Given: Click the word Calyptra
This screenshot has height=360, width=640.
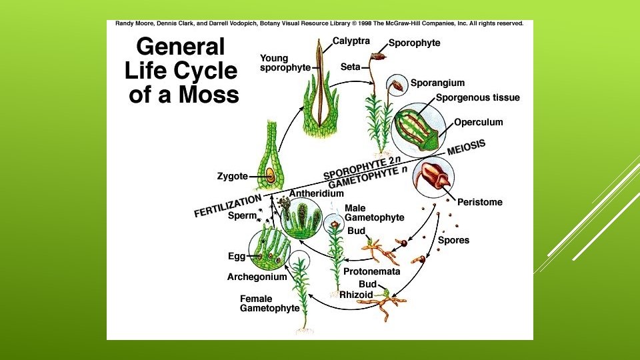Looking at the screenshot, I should [x=351, y=41].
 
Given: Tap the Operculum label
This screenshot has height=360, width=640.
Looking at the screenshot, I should [x=478, y=122].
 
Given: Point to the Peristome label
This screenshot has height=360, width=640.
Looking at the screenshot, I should [x=480, y=202].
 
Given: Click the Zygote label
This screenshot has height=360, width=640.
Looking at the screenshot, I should [x=232, y=177].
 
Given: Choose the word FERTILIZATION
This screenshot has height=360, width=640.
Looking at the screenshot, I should [x=227, y=205].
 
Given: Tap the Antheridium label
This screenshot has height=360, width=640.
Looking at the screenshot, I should [x=316, y=193].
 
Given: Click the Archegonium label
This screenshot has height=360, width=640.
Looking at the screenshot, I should [x=257, y=277].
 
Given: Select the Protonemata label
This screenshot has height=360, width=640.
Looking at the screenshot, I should [x=371, y=272].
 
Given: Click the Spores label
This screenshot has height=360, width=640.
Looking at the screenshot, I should [x=453, y=240].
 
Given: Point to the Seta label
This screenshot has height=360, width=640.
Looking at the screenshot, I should [x=351, y=67].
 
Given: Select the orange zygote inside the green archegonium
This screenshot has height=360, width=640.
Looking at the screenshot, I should [x=270, y=176].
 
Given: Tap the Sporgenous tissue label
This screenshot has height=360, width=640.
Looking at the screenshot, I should [x=478, y=98].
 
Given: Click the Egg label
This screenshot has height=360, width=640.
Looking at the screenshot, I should [x=237, y=256].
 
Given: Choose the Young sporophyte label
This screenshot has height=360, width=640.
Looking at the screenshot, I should [x=285, y=63].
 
